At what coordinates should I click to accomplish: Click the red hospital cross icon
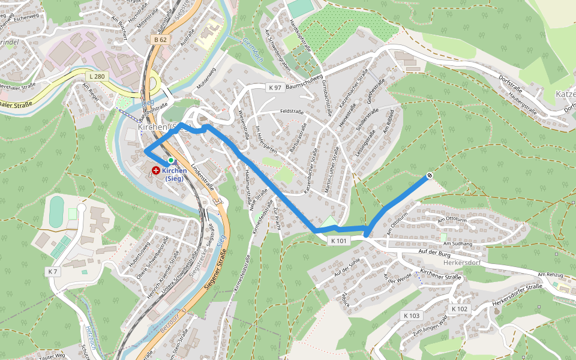point(156,171)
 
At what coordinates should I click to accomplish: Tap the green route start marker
point(171,160)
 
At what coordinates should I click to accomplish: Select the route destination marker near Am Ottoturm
point(430,176)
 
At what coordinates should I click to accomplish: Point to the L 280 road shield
point(95,76)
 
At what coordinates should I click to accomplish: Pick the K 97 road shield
point(275,88)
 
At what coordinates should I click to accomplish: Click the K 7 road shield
point(52,272)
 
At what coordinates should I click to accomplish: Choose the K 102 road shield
point(459,308)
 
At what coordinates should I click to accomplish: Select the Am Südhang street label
point(457,244)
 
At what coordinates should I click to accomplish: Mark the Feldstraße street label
point(292,112)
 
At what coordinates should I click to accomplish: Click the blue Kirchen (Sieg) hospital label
point(175,174)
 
